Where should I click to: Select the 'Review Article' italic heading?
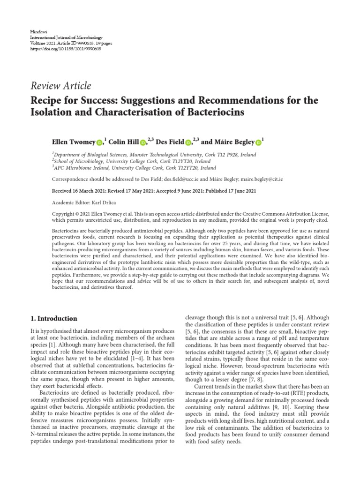coord(61,86)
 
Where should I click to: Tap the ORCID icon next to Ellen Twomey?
coord(99,142)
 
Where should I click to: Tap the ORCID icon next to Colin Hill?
coord(143,142)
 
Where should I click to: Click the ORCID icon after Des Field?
coord(188,142)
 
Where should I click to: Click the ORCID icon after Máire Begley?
coord(258,142)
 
